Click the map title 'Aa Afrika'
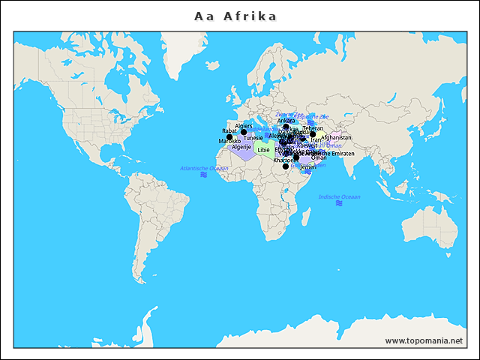[235, 16]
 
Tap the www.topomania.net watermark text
[424, 340]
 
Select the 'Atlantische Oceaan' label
[204, 168]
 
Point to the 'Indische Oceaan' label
[339, 196]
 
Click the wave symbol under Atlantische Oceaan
[203, 175]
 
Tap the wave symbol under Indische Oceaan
[339, 203]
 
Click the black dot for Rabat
[229, 137]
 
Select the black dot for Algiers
[244, 132]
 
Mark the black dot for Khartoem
[286, 166]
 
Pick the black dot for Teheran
[313, 134]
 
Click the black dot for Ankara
[286, 127]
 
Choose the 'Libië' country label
[263, 150]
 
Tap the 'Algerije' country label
[241, 147]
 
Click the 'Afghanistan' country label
[336, 138]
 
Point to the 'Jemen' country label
[308, 166]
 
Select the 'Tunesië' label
[253, 138]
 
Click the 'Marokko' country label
[229, 142]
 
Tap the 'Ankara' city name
[286, 121]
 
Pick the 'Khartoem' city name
[283, 160]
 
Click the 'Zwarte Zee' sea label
[289, 114]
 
